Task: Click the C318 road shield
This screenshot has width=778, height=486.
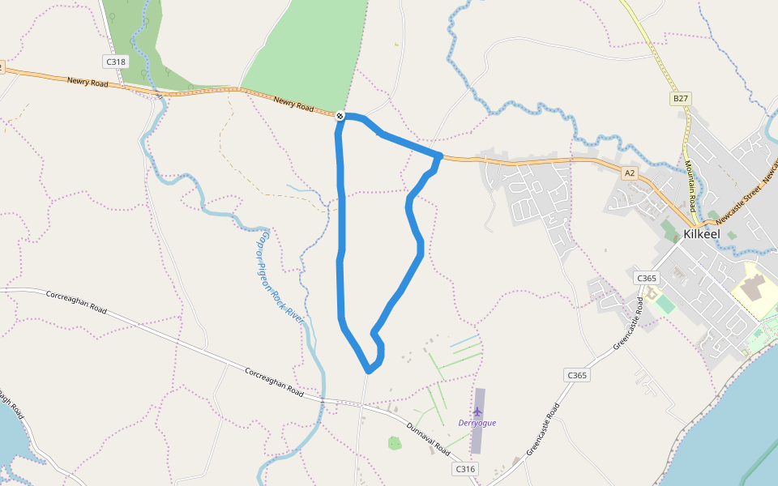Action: coord(115,62)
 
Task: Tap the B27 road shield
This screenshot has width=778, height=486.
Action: coord(680,99)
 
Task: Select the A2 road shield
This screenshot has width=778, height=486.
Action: coord(630,173)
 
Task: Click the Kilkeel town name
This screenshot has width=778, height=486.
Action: coord(703,233)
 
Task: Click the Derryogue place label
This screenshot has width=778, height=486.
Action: coord(477,423)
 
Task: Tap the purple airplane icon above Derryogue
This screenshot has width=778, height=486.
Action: coord(477,411)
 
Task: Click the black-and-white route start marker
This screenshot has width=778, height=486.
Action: coord(340,117)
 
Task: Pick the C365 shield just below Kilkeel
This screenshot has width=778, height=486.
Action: coord(647,278)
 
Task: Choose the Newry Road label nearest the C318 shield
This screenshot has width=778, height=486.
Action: coord(88,81)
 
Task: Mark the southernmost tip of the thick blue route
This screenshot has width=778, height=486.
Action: coord(369,371)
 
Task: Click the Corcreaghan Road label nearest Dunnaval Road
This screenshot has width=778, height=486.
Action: coord(274,381)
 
